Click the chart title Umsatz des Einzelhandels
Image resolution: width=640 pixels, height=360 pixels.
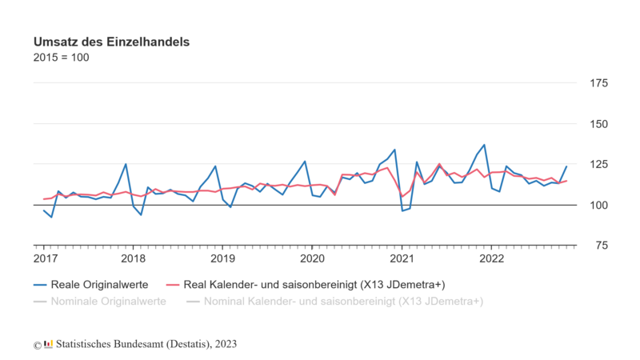(111, 41)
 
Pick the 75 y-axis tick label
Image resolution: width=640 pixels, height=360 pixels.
(596, 246)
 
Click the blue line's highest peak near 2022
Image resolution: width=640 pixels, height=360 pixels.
(484, 145)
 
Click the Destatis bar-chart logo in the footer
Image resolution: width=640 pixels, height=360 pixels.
(49, 344)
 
